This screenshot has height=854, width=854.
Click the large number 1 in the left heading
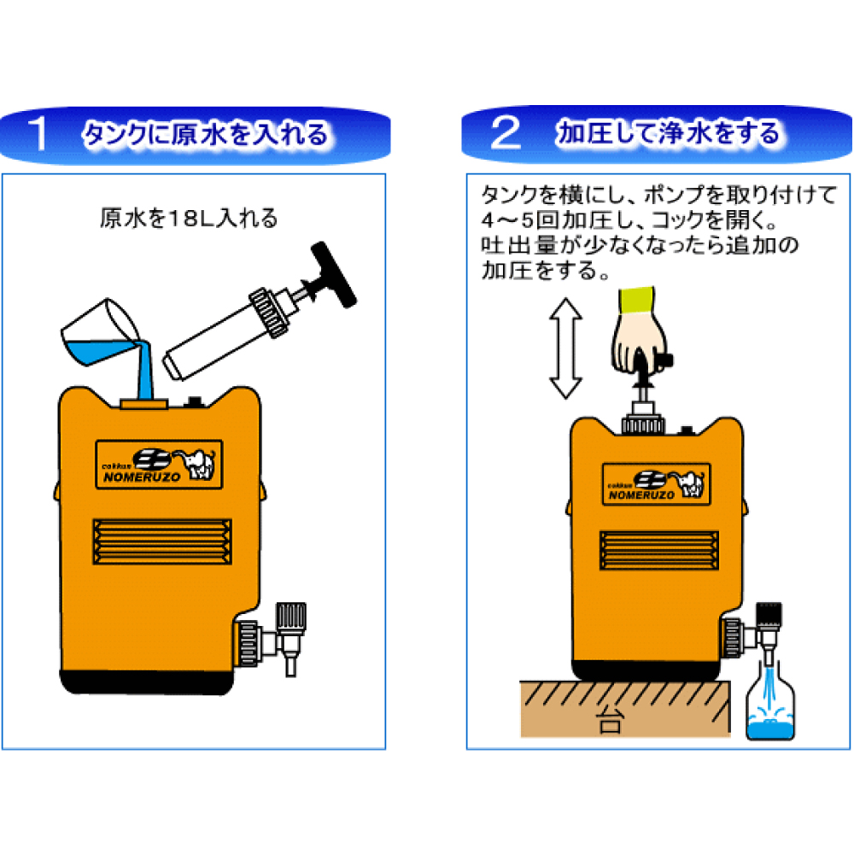(38, 133)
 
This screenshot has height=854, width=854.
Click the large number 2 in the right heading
(506, 133)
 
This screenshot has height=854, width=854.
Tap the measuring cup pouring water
(101, 333)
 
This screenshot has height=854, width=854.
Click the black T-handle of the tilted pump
(333, 274)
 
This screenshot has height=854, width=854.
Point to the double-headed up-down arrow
(566, 348)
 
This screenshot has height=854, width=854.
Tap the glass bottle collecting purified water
(769, 702)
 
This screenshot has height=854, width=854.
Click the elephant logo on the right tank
(688, 483)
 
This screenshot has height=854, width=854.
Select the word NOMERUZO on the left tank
(142, 477)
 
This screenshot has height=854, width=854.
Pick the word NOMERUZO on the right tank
(641, 495)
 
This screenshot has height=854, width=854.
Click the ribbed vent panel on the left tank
(162, 541)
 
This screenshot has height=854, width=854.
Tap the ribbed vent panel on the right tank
(659, 550)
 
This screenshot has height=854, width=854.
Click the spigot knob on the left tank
(291, 618)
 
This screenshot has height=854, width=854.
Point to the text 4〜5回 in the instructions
(520, 219)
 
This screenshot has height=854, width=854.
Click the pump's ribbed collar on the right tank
(643, 424)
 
